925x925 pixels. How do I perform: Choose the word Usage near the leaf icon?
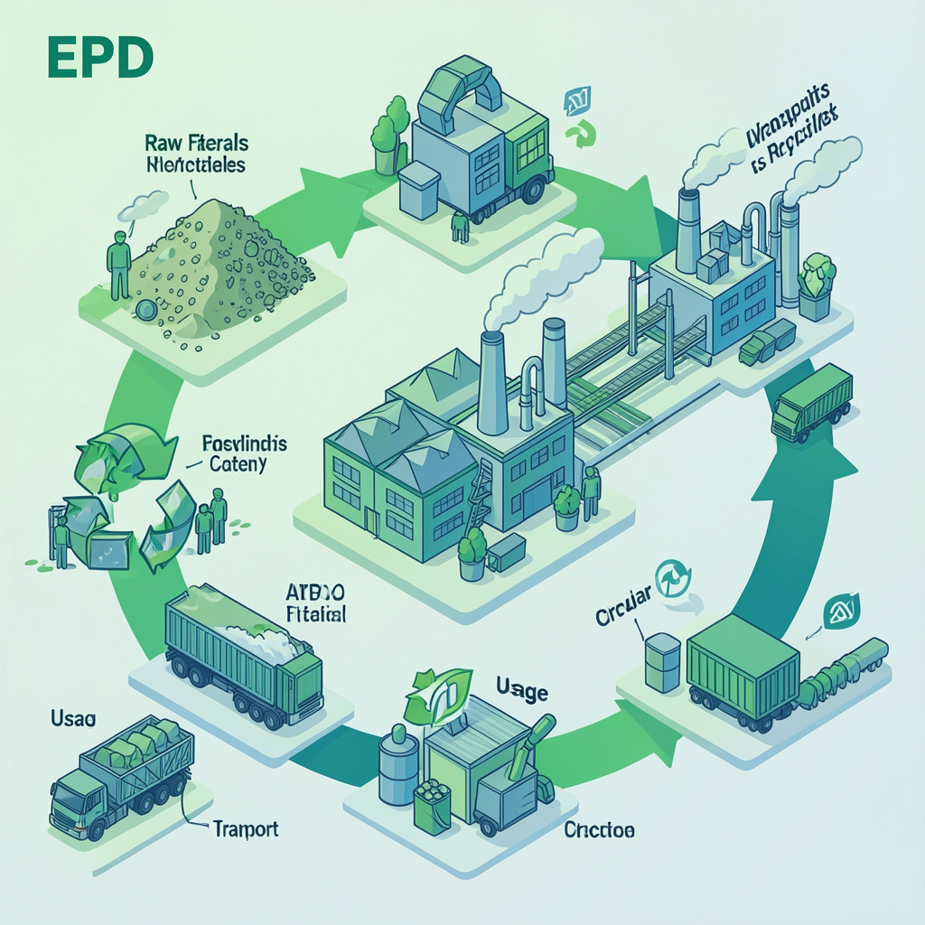click(522, 692)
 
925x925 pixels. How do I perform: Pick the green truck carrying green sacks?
click(122, 779)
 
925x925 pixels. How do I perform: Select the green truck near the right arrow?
click(812, 402)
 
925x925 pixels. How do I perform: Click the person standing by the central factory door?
click(592, 493)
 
